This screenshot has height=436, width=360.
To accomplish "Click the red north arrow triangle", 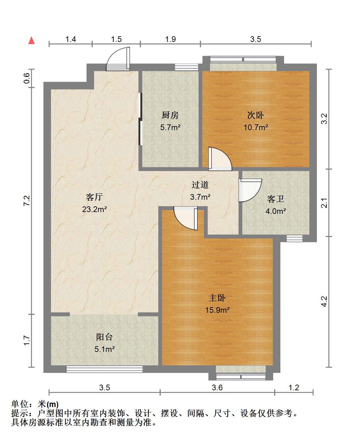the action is click(x=31, y=41).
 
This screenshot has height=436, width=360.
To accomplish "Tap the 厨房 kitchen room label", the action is click(x=170, y=115).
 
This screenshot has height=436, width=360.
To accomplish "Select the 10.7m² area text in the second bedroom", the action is click(x=256, y=127).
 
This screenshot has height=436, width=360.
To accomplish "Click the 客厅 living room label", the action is click(x=94, y=197).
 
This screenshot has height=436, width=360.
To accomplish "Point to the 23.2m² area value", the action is click(x=94, y=209).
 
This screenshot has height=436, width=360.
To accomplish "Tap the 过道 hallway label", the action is click(x=200, y=185).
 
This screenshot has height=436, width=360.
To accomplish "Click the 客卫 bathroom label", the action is click(x=276, y=199).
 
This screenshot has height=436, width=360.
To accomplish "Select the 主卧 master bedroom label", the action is click(x=217, y=298).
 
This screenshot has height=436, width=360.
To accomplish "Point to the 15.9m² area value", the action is click(x=217, y=310).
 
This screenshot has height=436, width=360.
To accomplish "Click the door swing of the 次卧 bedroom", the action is click(x=220, y=159).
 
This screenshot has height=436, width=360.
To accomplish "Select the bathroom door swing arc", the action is click(x=250, y=190).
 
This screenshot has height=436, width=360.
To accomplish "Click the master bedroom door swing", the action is click(x=185, y=218).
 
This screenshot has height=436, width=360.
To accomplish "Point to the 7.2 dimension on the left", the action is click(x=27, y=201).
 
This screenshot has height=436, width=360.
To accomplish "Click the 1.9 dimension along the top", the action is click(x=171, y=39).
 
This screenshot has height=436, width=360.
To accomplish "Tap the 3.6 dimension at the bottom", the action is click(x=217, y=387).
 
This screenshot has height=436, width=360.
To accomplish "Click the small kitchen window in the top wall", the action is click(x=187, y=67).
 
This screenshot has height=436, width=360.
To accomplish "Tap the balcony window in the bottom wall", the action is click(x=104, y=369).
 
